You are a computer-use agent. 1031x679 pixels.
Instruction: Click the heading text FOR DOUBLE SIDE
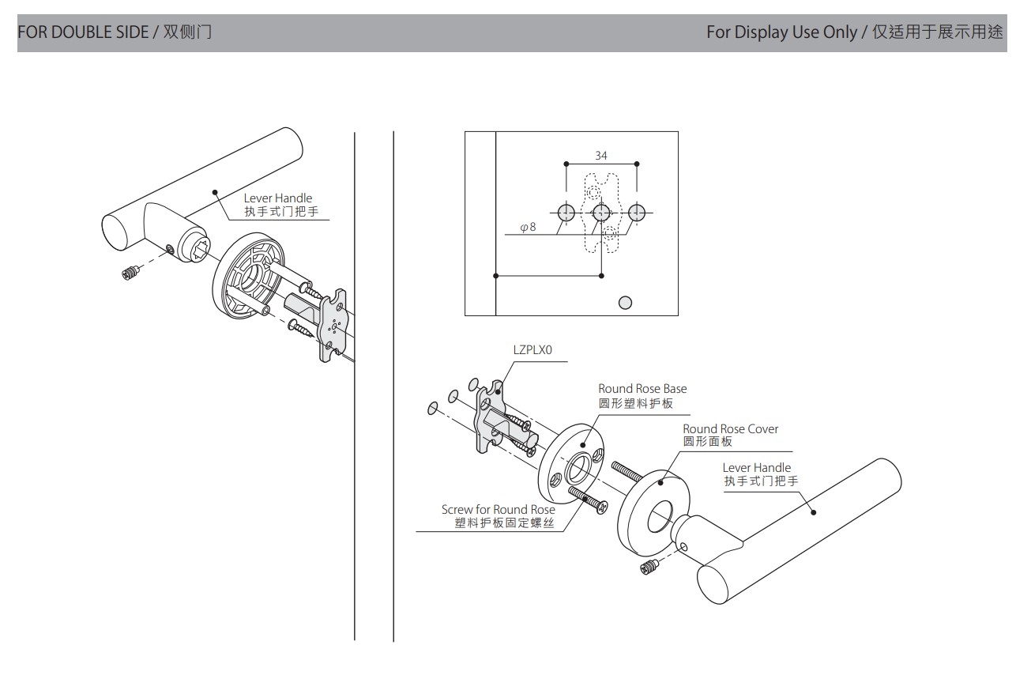(x=81, y=32)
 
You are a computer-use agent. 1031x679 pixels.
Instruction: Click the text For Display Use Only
(x=781, y=32)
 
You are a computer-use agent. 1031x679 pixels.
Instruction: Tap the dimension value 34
(x=601, y=156)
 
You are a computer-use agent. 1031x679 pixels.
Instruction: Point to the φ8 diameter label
(x=528, y=228)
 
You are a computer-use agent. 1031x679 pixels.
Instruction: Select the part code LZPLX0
(x=532, y=349)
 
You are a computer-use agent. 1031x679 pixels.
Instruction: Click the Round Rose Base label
(x=642, y=388)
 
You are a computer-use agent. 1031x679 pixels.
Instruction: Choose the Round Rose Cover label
(x=730, y=428)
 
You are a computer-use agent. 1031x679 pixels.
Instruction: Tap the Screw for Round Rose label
(x=498, y=510)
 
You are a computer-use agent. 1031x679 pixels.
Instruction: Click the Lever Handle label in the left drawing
(x=277, y=198)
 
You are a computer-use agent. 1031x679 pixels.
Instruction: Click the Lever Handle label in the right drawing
(x=756, y=468)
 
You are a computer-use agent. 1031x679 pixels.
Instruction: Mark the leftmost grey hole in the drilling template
(x=566, y=212)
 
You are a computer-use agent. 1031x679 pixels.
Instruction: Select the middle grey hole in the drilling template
(x=601, y=212)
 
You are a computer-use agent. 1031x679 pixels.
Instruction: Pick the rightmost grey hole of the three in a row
(x=637, y=212)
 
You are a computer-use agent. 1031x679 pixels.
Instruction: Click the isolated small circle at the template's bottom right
(x=625, y=302)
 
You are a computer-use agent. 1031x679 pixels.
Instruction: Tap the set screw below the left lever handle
(x=131, y=273)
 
